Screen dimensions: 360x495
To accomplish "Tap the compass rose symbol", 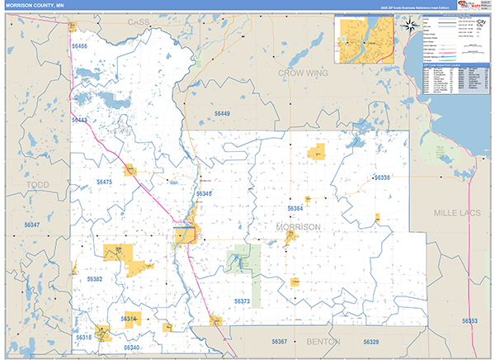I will (408, 25).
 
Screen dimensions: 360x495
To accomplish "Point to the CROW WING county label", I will (300, 73).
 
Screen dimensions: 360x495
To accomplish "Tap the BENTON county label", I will (323, 340).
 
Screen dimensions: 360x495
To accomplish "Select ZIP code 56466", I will (79, 47).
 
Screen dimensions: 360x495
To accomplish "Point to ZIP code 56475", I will (104, 182).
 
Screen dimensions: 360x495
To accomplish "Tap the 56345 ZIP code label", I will (204, 193).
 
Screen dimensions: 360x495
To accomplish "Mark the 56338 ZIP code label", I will (382, 178).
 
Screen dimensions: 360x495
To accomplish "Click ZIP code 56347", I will (32, 225).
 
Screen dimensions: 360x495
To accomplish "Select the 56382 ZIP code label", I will (95, 279).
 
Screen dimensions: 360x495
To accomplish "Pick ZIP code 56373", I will (241, 301).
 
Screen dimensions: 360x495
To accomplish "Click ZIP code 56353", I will (469, 320).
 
